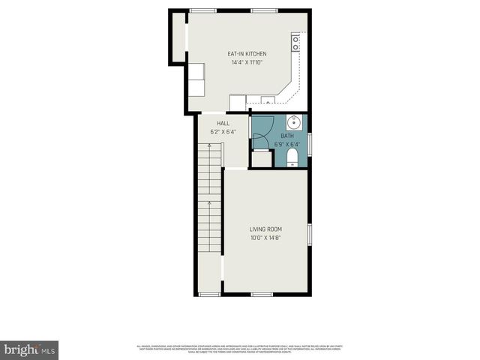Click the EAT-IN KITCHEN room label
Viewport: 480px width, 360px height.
[247, 54]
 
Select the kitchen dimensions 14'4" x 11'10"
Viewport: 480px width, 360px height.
[247, 63]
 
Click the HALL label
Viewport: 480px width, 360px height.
[223, 123]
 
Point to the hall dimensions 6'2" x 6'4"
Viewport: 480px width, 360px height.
[223, 132]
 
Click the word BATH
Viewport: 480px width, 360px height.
[286, 136]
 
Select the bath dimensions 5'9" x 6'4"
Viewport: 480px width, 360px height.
[286, 144]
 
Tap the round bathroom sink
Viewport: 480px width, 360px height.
[293, 122]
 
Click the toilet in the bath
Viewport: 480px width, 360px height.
[292, 156]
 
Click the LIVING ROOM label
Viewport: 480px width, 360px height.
[265, 229]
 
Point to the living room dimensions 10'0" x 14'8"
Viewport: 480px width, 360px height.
[265, 238]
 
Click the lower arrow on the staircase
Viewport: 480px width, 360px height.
[210, 203]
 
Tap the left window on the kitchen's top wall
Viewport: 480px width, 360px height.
[200, 10]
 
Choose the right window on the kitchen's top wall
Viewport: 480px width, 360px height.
[262, 10]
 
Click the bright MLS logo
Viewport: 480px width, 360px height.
[30, 349]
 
